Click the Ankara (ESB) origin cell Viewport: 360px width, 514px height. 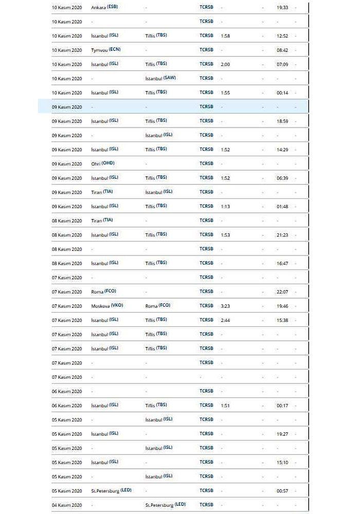[103, 8]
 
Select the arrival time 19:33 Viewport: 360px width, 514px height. [282, 8]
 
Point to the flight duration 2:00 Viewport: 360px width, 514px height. [225, 64]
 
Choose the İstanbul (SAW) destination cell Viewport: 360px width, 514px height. [161, 79]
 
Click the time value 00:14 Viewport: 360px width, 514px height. [282, 93]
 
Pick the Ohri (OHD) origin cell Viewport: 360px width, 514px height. [103, 163]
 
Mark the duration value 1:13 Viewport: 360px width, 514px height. [225, 206]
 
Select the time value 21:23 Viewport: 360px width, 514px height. [282, 234]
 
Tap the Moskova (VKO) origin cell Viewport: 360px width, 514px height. [107, 305]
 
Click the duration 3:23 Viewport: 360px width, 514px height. [225, 305]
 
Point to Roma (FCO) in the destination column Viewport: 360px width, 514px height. [158, 305]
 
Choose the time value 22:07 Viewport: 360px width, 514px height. [282, 291]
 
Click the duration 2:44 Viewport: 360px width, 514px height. [225, 320]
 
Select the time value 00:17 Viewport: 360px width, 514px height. [282, 405]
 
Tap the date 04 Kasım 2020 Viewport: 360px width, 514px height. [67, 505]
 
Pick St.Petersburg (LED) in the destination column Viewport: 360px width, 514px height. [166, 505]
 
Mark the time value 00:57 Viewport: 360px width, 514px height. [282, 490]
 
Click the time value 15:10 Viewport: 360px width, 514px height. [282, 462]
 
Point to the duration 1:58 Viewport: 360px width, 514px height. [225, 36]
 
